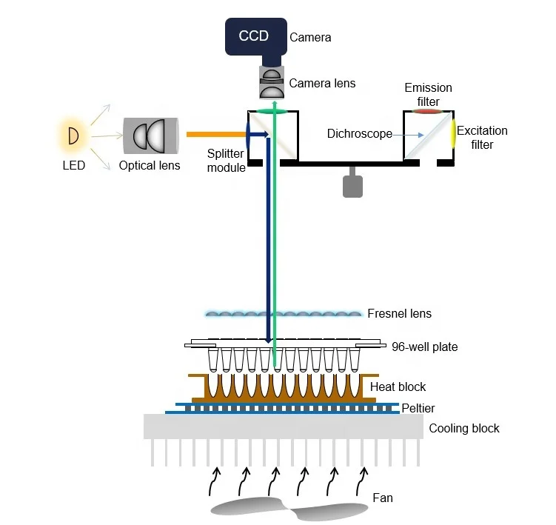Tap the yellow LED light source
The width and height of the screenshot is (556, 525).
pos(73,136)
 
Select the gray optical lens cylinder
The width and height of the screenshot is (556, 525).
pos(151,136)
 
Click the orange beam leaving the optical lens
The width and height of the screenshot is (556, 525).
pos(214,135)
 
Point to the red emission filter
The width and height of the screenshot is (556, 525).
pos(426,112)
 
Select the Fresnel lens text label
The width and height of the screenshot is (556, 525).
pos(399,313)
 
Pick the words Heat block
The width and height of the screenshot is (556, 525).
pos(398,387)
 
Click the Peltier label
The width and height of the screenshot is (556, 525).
pos(418,408)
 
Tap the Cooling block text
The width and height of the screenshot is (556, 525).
pos(464,428)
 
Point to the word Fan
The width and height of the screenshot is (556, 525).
pos(382,498)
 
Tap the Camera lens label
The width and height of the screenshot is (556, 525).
pos(322,83)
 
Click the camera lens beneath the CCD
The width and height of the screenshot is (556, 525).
pos(272,82)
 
